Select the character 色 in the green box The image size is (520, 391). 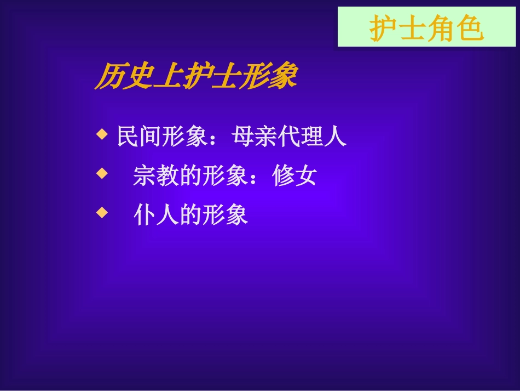click(470, 29)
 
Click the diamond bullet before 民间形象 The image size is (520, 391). click(101, 134)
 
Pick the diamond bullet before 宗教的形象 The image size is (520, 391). click(101, 173)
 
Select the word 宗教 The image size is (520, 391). click(156, 176)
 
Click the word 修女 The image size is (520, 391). click(294, 176)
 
